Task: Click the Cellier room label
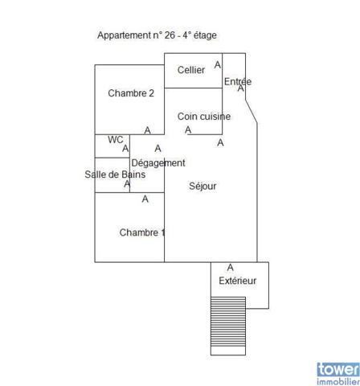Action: click(x=191, y=70)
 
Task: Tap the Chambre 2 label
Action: click(x=131, y=93)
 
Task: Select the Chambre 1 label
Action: click(x=142, y=232)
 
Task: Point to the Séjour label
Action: click(x=202, y=186)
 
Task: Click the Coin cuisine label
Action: click(x=204, y=117)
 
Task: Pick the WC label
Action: click(x=116, y=140)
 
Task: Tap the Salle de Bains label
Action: click(x=115, y=175)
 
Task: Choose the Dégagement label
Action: click(x=158, y=163)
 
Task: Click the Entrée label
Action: click(x=238, y=81)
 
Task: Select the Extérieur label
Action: click(x=238, y=281)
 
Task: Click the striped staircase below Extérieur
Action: click(x=228, y=326)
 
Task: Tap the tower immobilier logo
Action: click(x=338, y=374)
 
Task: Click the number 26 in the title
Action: click(x=170, y=35)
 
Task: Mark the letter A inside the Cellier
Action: click(x=218, y=64)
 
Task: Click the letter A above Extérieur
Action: click(x=230, y=268)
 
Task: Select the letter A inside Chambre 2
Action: click(x=147, y=130)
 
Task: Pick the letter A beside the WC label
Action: click(x=125, y=148)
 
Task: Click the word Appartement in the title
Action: click(x=125, y=35)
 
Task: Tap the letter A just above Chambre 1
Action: click(x=145, y=199)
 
